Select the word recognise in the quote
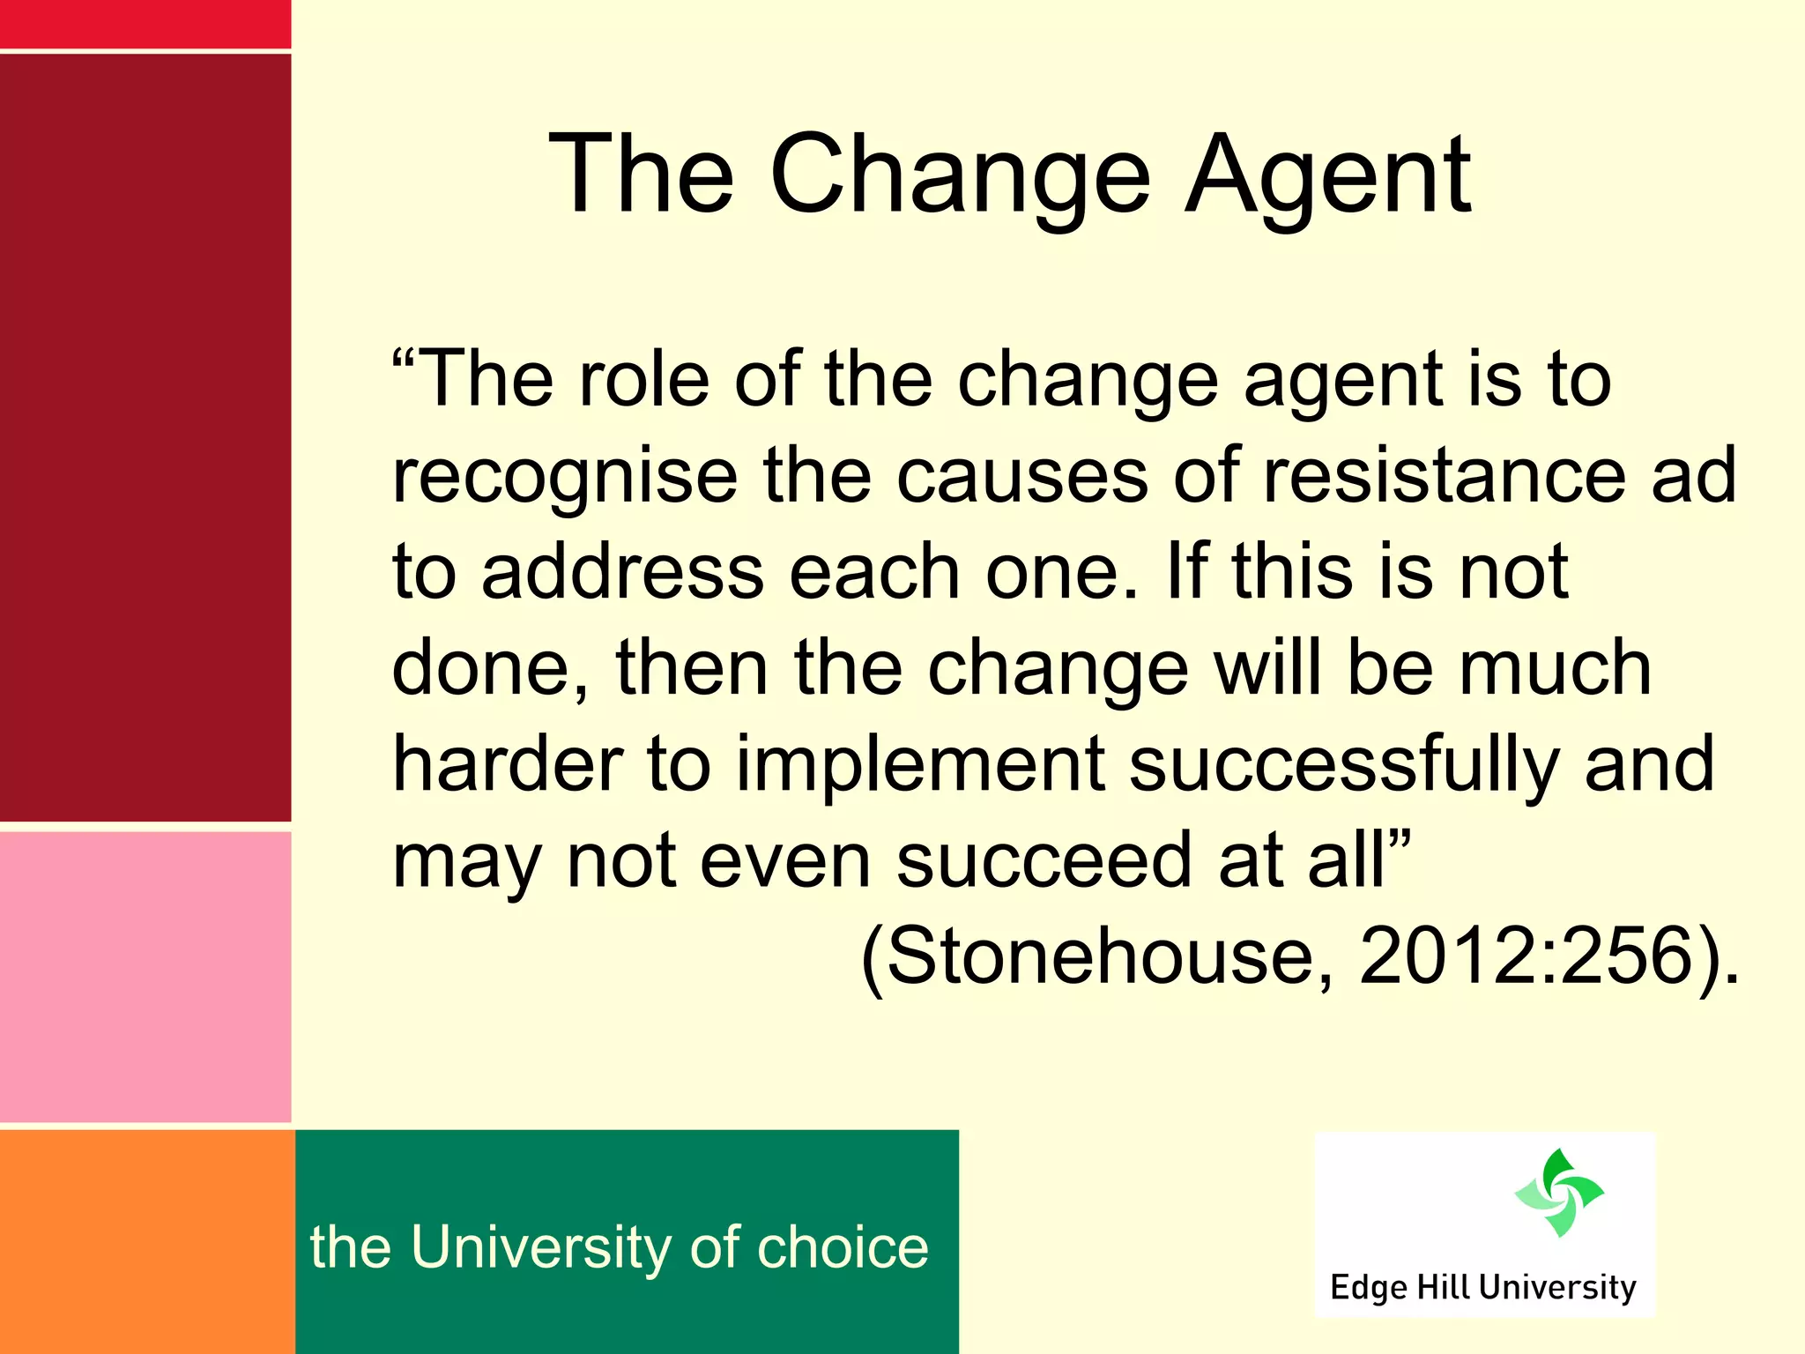point(565,477)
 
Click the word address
point(622,572)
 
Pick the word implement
point(920,764)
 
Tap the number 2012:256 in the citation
point(1526,956)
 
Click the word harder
point(508,764)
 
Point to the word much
point(1555,668)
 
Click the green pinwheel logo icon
point(1558,1193)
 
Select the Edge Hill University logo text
point(1483,1287)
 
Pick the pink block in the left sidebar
point(145,976)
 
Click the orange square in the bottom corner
point(146,1241)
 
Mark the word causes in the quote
point(1022,477)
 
